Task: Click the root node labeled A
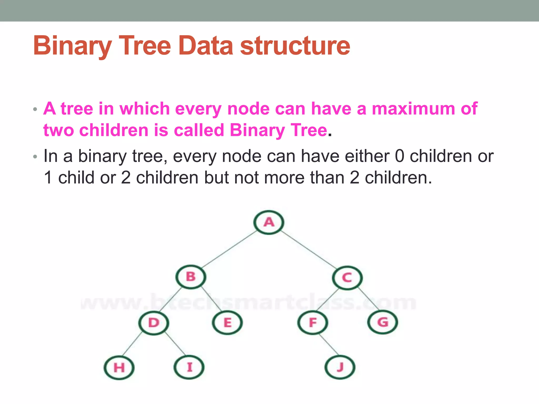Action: coord(269,223)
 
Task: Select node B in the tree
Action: coord(191,277)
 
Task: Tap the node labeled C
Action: coord(347,278)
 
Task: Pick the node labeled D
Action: coord(154,323)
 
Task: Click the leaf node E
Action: coord(227,323)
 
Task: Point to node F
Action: coord(313,322)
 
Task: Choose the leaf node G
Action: coord(383,322)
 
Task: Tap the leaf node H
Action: coord(119,367)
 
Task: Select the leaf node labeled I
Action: coord(189,367)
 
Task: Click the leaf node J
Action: coord(340,367)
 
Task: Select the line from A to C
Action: coord(308,250)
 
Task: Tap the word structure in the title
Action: coord(295,46)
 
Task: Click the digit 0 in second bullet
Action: coord(399,156)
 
